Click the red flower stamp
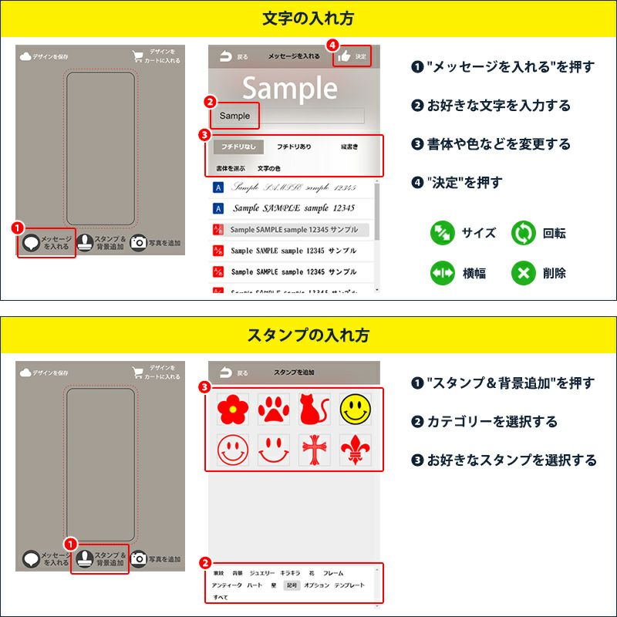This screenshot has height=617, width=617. pyautogui.click(x=231, y=410)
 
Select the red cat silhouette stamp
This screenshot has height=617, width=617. pyautogui.click(x=315, y=410)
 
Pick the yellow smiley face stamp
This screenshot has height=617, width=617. pyautogui.click(x=356, y=410)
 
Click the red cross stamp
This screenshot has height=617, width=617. pyautogui.click(x=315, y=450)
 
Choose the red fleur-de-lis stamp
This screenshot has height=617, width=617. pyautogui.click(x=356, y=450)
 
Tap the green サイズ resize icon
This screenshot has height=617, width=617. pyautogui.click(x=442, y=233)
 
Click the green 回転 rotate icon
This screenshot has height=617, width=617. pyautogui.click(x=523, y=233)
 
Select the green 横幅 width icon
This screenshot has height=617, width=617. pyautogui.click(x=442, y=272)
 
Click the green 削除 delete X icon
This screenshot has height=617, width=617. pyautogui.click(x=523, y=272)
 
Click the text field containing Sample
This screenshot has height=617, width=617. pyautogui.click(x=291, y=116)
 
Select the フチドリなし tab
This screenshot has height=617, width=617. pyautogui.click(x=239, y=147)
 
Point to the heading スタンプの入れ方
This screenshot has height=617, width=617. pyautogui.click(x=308, y=335)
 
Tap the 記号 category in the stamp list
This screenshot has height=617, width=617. pyautogui.click(x=292, y=585)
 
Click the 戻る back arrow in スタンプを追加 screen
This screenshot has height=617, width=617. pyautogui.click(x=234, y=373)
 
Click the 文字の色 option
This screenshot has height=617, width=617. pyautogui.click(x=268, y=167)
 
